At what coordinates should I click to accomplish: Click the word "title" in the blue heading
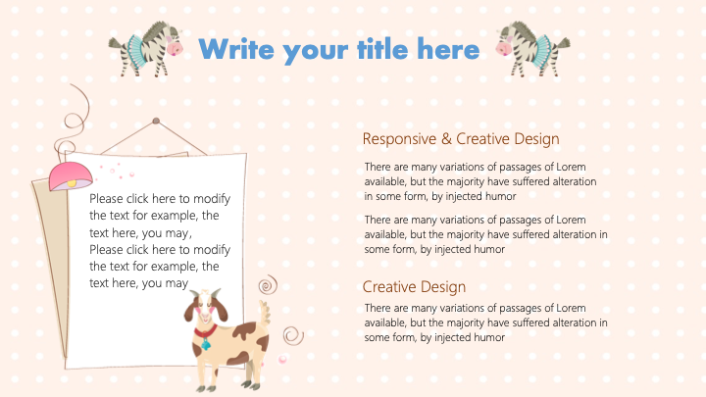pyautogui.click(x=383, y=49)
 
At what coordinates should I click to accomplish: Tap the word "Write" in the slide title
pyautogui.click(x=236, y=49)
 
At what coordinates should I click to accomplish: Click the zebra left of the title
pyautogui.click(x=146, y=49)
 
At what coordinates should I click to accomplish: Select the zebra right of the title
pyautogui.click(x=532, y=49)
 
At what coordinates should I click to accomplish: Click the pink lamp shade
pyautogui.click(x=70, y=174)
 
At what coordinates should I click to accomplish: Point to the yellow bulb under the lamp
pyautogui.click(x=72, y=183)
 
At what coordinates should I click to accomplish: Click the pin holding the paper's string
pyautogui.click(x=156, y=121)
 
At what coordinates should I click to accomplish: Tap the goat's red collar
pyautogui.click(x=205, y=331)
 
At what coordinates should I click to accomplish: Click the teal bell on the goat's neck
pyautogui.click(x=206, y=344)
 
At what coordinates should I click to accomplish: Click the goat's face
pyautogui.click(x=206, y=308)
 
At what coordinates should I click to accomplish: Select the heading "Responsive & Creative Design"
pyautogui.click(x=461, y=139)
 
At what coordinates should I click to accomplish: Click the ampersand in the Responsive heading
pyautogui.click(x=447, y=138)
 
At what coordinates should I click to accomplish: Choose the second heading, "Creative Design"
pyautogui.click(x=414, y=286)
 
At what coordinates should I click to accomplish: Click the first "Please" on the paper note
pyautogui.click(x=106, y=198)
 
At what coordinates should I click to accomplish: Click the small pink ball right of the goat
pyautogui.click(x=282, y=359)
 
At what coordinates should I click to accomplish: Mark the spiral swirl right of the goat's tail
pyautogui.click(x=293, y=336)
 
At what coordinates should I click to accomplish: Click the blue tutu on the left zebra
pyautogui.click(x=134, y=51)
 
